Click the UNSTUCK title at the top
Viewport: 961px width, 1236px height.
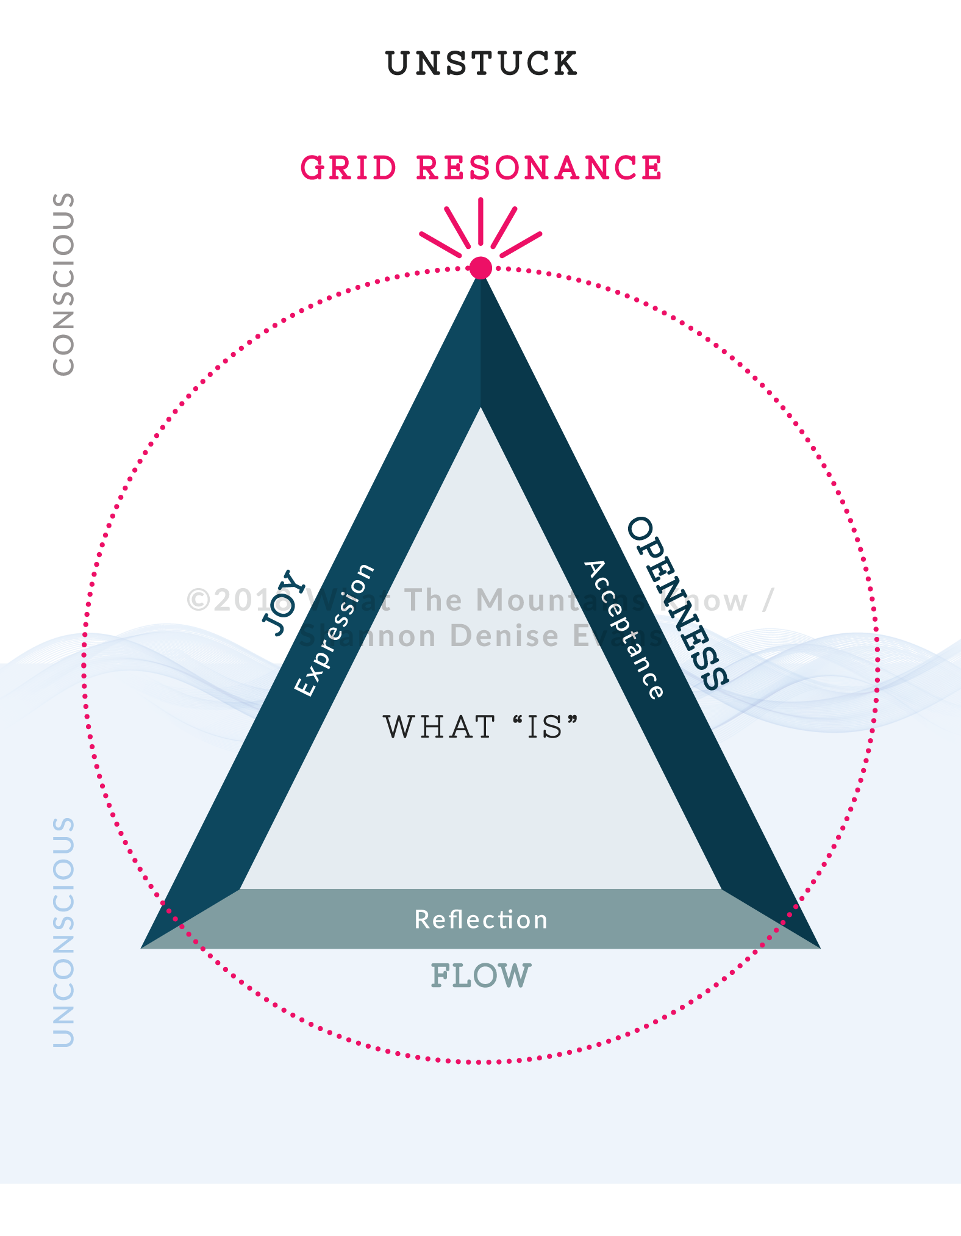(x=481, y=63)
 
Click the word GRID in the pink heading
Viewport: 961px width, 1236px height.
(x=349, y=168)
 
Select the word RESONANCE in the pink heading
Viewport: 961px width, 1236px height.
(x=539, y=168)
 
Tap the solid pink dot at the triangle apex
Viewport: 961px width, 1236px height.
(x=480, y=267)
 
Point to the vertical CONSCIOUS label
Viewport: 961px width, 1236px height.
(x=63, y=284)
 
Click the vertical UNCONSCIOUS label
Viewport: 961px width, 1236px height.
(x=63, y=932)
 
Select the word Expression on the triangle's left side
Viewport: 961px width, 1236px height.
(x=334, y=630)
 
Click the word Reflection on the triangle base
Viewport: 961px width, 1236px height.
(x=481, y=919)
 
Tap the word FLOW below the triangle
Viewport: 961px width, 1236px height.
(x=481, y=976)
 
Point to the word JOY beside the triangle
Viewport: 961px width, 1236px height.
(x=283, y=603)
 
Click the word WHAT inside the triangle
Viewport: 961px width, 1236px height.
(x=439, y=727)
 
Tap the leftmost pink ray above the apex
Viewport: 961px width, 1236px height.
(x=440, y=244)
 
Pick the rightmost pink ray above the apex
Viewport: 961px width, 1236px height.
(x=521, y=244)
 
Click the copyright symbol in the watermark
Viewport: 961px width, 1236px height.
(x=199, y=600)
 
